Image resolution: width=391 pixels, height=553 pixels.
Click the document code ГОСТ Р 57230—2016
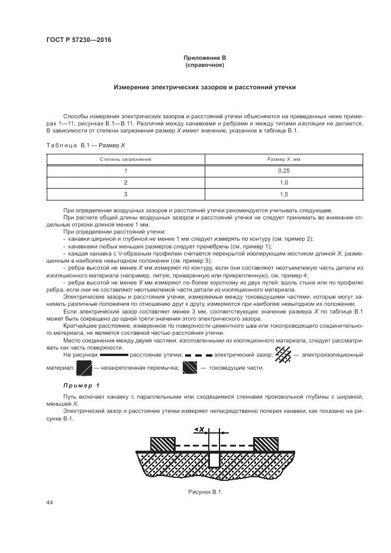tap(78, 40)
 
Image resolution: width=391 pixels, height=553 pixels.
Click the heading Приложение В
tap(205, 57)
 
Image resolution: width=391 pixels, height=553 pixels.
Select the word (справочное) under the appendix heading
tap(205, 64)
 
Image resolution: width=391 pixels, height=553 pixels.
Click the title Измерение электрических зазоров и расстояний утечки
tap(205, 87)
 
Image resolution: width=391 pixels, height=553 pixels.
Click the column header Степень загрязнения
tap(125, 160)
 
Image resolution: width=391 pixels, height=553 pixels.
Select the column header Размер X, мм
tap(285, 160)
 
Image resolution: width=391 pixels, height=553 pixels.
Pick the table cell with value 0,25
tap(285, 171)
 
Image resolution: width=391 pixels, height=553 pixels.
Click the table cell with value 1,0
tap(285, 183)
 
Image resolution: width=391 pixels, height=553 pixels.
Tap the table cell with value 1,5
tap(285, 195)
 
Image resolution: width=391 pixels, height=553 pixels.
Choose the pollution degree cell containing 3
tap(125, 195)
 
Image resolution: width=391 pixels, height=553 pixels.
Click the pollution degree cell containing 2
tap(125, 183)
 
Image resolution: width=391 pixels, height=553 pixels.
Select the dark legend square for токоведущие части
tap(190, 368)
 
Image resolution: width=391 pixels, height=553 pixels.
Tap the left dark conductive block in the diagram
tap(163, 444)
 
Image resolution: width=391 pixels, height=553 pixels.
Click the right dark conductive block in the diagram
tap(265, 444)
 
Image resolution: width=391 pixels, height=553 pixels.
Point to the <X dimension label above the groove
tap(199, 428)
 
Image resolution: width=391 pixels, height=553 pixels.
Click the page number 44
tap(50, 502)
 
